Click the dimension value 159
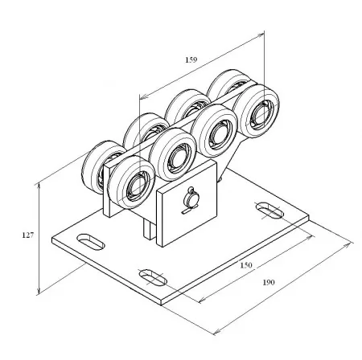point(191,59)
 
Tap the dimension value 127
point(28,235)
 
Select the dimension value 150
point(246,265)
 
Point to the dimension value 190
point(269,282)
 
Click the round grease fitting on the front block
point(191,199)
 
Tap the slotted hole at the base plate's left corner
point(90,242)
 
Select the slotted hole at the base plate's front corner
point(153,277)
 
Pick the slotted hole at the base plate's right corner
point(269,211)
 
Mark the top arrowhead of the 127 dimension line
point(39,186)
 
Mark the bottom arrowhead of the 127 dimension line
point(39,291)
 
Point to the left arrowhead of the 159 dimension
point(144,96)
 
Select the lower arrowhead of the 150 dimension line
point(202,300)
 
